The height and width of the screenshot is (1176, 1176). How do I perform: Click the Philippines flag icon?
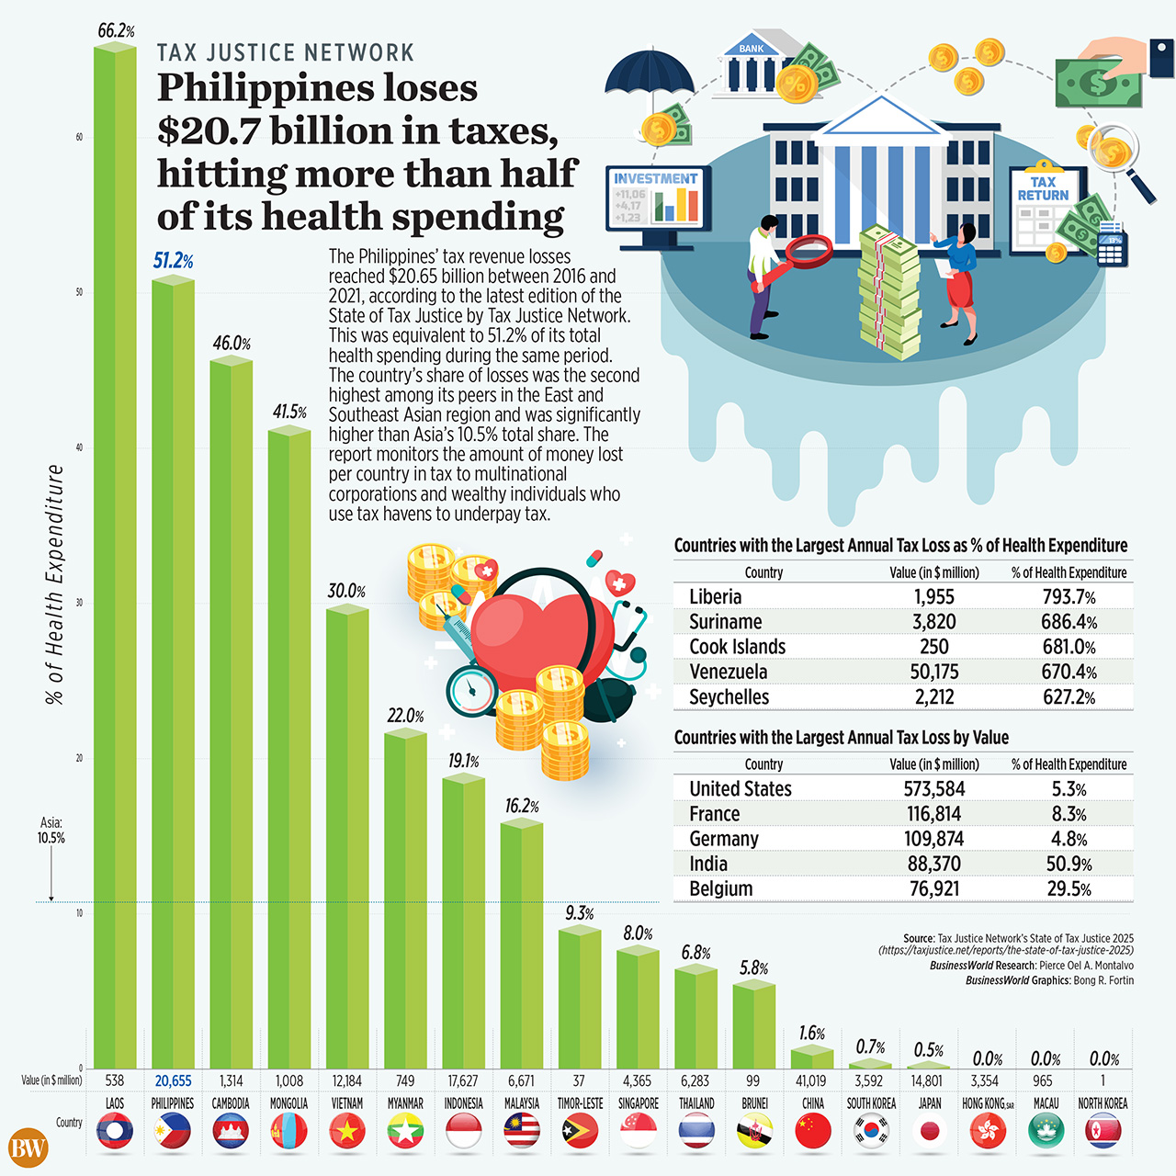(173, 1132)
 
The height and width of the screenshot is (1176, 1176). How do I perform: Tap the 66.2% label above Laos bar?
(116, 31)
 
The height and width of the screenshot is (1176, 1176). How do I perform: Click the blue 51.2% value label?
(173, 261)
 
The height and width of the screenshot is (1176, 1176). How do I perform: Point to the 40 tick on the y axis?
(79, 447)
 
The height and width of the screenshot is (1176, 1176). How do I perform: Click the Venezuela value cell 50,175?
(933, 672)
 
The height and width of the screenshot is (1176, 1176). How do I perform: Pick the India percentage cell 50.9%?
(1069, 864)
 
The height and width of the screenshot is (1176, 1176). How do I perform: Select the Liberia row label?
(715, 596)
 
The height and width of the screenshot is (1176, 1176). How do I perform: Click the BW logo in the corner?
(28, 1148)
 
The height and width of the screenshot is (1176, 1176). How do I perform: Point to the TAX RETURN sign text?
(1043, 188)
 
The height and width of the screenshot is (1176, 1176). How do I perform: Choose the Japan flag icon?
(929, 1132)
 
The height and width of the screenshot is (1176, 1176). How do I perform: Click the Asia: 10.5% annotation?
(51, 831)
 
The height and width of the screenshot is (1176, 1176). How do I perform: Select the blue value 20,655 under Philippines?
(173, 1081)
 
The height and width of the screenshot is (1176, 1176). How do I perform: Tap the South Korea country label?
(870, 1103)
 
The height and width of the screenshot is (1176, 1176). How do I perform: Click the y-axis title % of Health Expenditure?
(55, 584)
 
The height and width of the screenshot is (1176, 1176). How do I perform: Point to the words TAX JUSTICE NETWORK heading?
(286, 53)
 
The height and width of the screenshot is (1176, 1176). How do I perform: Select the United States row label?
(740, 788)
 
